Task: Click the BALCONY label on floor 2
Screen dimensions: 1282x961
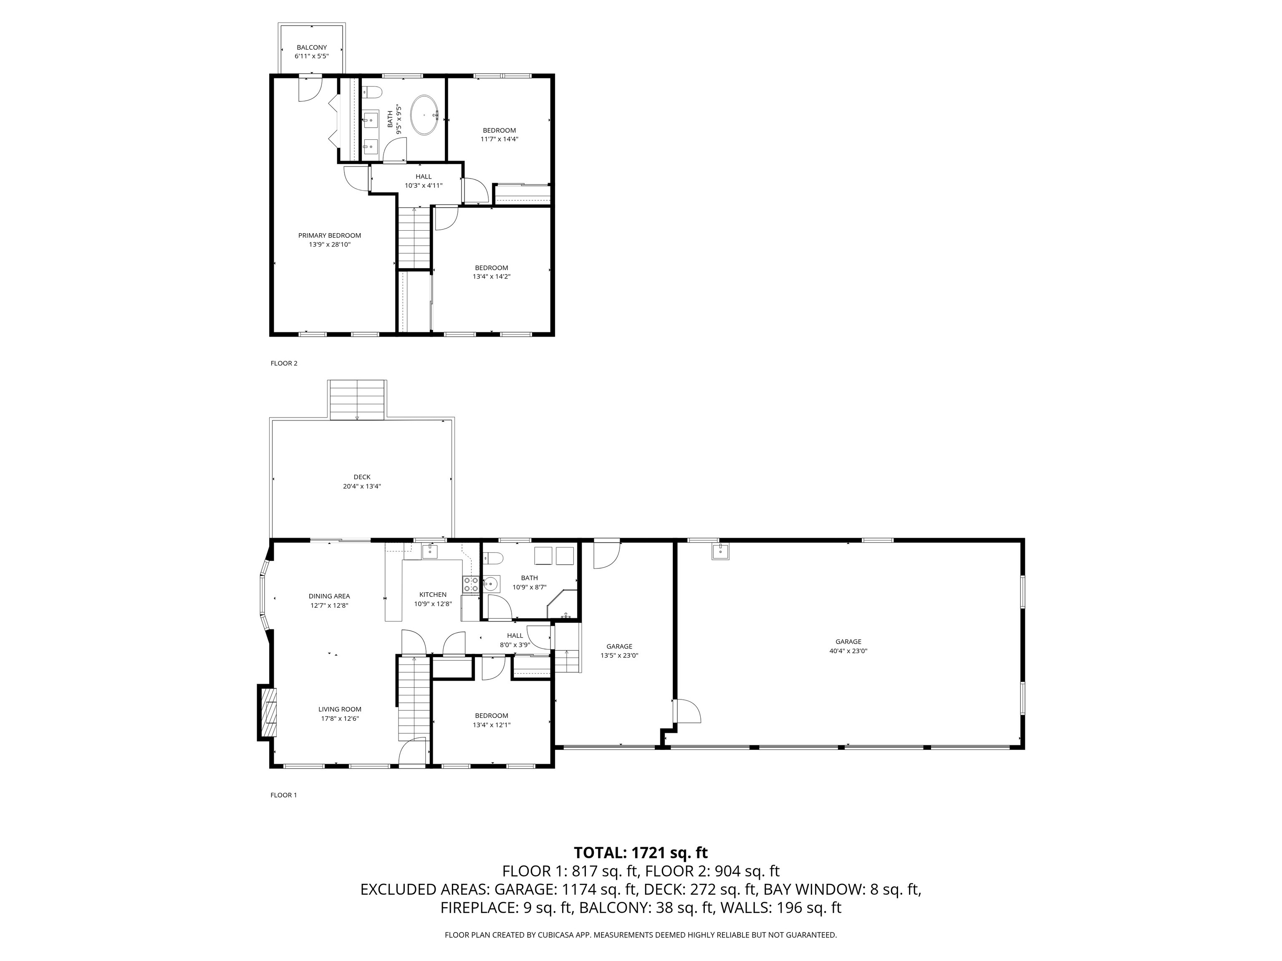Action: click(312, 48)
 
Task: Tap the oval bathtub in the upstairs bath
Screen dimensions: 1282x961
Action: click(424, 115)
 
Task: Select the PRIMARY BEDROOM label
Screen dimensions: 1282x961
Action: click(330, 235)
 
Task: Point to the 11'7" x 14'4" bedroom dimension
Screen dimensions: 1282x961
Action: click(499, 139)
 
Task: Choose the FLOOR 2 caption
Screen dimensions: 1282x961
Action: click(284, 363)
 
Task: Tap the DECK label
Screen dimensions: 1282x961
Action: click(362, 477)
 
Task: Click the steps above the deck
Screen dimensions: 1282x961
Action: click(357, 400)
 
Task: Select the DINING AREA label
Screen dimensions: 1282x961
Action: click(329, 596)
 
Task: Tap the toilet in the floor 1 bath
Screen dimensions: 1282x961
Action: click(494, 558)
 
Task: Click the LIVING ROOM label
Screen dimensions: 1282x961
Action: click(340, 709)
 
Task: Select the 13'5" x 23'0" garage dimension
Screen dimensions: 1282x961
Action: click(620, 656)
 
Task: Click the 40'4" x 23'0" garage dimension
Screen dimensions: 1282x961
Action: click(848, 651)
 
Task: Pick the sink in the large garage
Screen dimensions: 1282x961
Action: click(720, 551)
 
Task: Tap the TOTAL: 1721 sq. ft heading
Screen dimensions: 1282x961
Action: click(641, 853)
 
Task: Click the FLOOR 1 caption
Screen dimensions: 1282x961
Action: click(283, 795)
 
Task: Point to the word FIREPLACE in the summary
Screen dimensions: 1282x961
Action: click(477, 908)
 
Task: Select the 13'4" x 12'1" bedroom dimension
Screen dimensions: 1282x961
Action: click(492, 725)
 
